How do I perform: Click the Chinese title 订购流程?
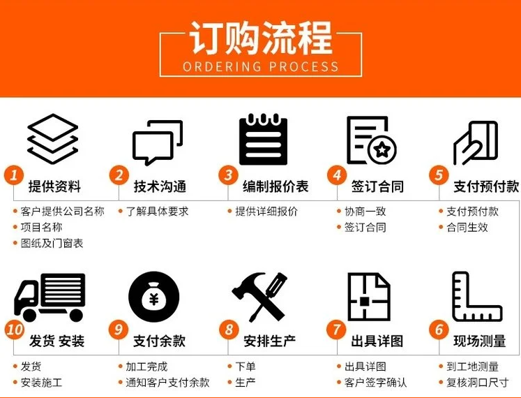pyautogui.click(x=261, y=38)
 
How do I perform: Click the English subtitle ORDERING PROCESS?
pyautogui.click(x=261, y=66)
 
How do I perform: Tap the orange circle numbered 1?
pyautogui.click(x=14, y=175)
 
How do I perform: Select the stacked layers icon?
pyautogui.click(x=53, y=139)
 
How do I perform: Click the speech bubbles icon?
pyautogui.click(x=158, y=142)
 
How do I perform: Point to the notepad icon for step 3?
pyautogui.click(x=263, y=139)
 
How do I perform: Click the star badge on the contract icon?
pyautogui.click(x=382, y=149)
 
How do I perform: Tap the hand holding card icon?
pyautogui.click(x=476, y=142)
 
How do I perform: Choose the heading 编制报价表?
pyautogui.click(x=275, y=186)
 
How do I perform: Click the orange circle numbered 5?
pyautogui.click(x=439, y=175)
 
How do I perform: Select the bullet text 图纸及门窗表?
pyautogui.click(x=52, y=243)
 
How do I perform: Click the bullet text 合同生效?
pyautogui.click(x=467, y=228)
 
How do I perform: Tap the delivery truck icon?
pyautogui.click(x=50, y=297)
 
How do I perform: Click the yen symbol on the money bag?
pyautogui.click(x=153, y=300)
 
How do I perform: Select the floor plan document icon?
pyautogui.click(x=368, y=296)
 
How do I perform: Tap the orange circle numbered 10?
pyautogui.click(x=15, y=330)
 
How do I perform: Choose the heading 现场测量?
pyautogui.click(x=479, y=341)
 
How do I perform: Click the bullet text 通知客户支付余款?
pyautogui.click(x=167, y=383)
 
